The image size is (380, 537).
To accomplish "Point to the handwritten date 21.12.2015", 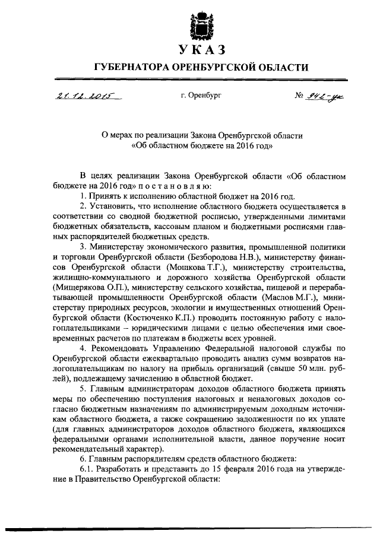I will coord(85,96).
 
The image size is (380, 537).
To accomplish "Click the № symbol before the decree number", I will coord(300,96).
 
